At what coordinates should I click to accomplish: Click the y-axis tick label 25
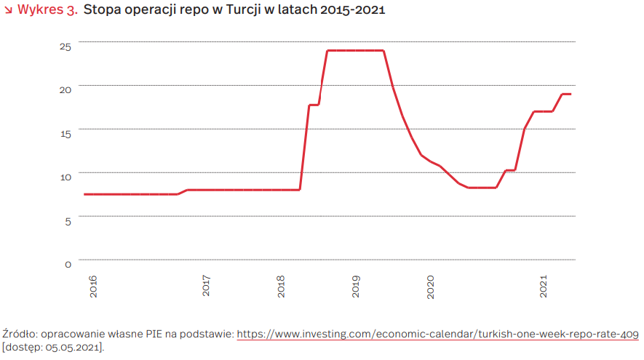[x=65, y=47]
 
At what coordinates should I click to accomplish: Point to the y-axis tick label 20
[x=65, y=90]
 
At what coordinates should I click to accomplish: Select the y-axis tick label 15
[x=65, y=134]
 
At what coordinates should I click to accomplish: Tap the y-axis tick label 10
[x=65, y=177]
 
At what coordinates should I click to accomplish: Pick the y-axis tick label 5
[x=68, y=222]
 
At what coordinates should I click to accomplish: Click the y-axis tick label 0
[x=68, y=265]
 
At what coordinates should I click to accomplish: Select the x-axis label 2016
[x=93, y=287]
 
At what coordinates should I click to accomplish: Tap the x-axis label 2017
[x=206, y=286]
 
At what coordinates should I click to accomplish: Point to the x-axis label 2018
[x=281, y=287]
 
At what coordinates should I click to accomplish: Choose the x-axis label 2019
[x=356, y=287]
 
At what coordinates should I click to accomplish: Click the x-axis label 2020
[x=431, y=287]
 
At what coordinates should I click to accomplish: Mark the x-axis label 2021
[x=544, y=286]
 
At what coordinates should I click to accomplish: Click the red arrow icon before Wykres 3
[x=8, y=10]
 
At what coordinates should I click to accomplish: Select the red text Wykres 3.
[x=47, y=9]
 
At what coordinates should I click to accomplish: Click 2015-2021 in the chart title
[x=352, y=9]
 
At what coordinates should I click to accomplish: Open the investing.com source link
[x=437, y=334]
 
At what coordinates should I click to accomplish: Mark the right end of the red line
[x=571, y=95]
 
